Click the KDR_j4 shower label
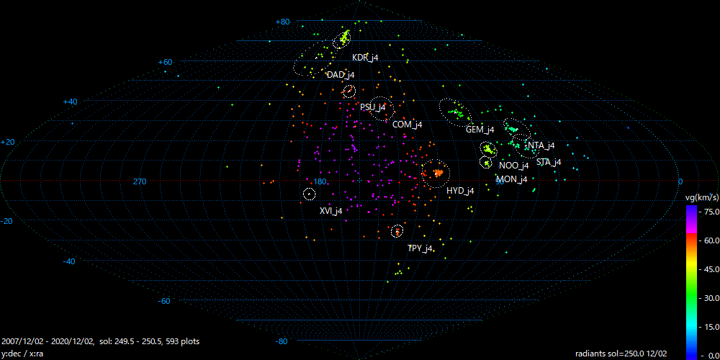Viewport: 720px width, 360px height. point(365,58)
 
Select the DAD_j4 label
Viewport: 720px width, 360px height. point(341,75)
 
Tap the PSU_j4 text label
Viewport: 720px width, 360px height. point(373,107)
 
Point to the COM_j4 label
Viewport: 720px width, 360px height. point(408,124)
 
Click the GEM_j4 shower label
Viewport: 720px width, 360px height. point(480,130)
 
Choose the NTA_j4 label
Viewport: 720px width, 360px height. point(541,145)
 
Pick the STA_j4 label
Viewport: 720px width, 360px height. point(549,161)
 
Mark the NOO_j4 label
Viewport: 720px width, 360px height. point(514,166)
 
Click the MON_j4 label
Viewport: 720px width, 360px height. point(512,179)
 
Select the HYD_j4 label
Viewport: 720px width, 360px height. point(460,191)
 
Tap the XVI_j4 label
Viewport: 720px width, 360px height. point(330,211)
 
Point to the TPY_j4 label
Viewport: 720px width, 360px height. point(420,248)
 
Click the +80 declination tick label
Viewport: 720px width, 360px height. point(282,22)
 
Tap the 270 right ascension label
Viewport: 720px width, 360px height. point(140,181)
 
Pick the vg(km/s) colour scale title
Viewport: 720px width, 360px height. point(701,198)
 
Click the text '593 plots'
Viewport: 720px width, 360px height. point(182,341)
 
